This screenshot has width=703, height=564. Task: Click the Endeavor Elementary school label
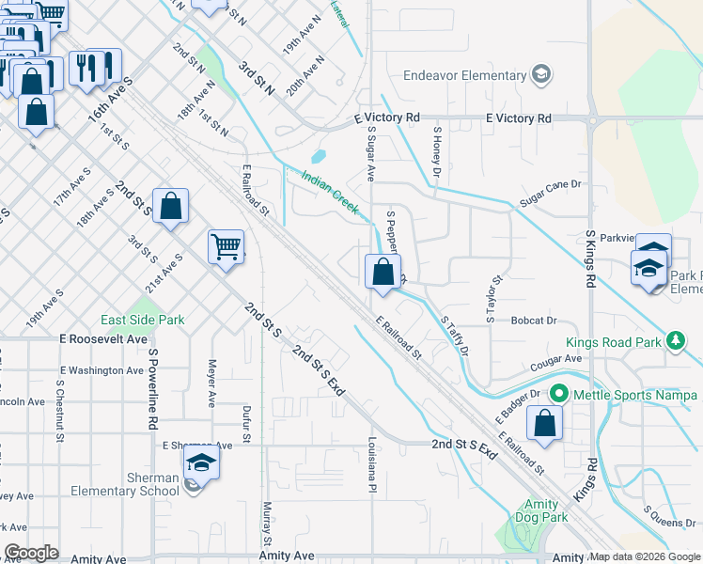[x=464, y=75]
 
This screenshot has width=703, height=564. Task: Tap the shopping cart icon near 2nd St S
[x=226, y=248]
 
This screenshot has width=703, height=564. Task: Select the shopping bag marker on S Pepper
[x=383, y=273]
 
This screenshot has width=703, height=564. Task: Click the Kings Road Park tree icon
[x=674, y=340]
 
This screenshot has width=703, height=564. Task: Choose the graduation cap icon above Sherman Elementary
[x=200, y=463]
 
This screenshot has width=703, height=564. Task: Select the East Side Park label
[x=143, y=320]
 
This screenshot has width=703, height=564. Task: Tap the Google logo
[x=30, y=553]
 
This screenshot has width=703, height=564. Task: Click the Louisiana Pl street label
[x=372, y=463]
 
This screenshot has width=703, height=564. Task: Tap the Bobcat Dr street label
[x=535, y=321]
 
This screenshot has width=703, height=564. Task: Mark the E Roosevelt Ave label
[x=103, y=338]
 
